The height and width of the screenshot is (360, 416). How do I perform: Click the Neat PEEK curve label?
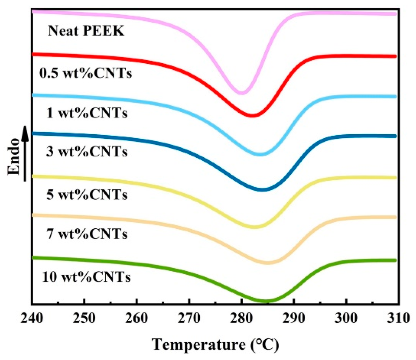click(x=86, y=31)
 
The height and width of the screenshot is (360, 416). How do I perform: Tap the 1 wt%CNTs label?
click(x=87, y=113)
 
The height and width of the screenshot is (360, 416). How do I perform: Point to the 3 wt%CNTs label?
click(x=87, y=152)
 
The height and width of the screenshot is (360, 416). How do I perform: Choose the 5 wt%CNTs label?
click(x=87, y=195)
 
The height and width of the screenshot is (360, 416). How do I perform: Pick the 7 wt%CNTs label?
click(x=87, y=234)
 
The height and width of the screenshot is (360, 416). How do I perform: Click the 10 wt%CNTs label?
click(x=86, y=277)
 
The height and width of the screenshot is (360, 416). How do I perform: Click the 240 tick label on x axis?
click(x=32, y=318)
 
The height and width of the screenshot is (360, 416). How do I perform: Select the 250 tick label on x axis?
click(x=84, y=318)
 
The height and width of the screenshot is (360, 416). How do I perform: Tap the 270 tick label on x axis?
click(x=189, y=318)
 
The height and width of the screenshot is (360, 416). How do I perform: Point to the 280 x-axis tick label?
click(x=242, y=318)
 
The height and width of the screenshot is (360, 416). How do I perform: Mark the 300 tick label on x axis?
click(x=346, y=318)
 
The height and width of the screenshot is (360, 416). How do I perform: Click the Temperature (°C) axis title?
click(x=216, y=345)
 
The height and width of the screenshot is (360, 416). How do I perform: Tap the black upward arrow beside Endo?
click(x=25, y=153)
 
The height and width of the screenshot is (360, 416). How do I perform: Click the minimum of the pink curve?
click(x=242, y=93)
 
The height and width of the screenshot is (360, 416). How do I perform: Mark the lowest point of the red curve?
click(x=252, y=115)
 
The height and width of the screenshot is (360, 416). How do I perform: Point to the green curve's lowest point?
click(x=265, y=300)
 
